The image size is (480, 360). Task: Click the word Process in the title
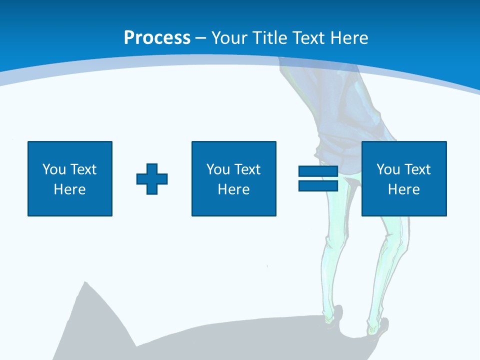157,38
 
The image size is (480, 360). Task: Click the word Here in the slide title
350,38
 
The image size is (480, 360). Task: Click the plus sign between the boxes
152,179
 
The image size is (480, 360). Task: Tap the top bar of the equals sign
318,171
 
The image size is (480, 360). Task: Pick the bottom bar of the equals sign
318,185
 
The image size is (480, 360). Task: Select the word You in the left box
53,169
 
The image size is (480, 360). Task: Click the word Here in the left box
70,189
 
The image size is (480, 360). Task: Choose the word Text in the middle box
246,169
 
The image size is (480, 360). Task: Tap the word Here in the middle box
234,189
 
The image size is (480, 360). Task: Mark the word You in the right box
388,169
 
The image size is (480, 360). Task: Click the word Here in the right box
404,189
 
